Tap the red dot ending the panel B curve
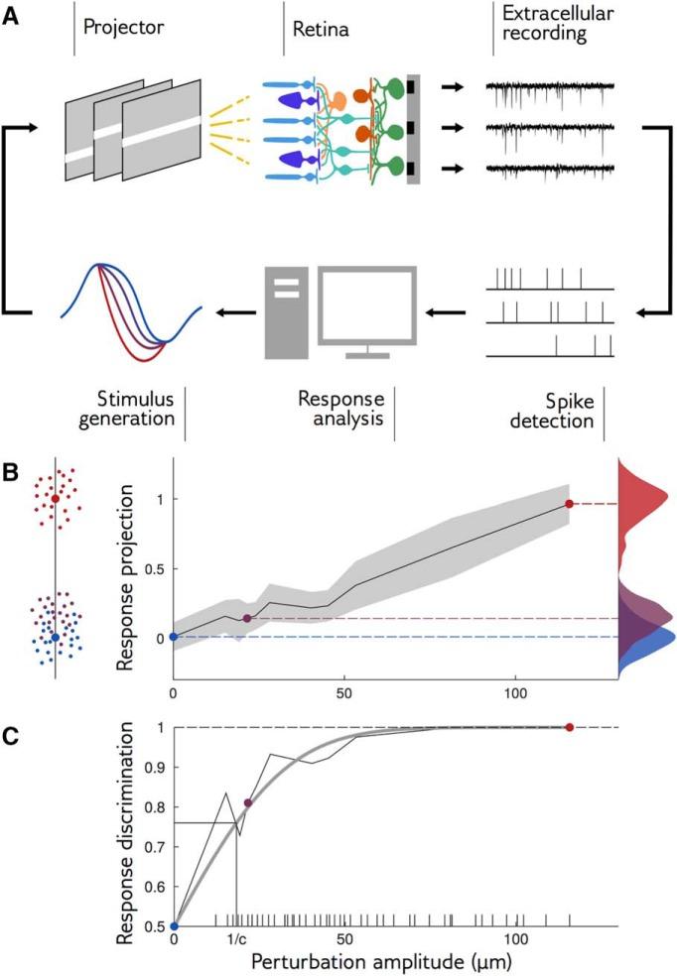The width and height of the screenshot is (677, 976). pos(569,504)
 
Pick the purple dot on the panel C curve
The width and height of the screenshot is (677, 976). pos(247,802)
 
